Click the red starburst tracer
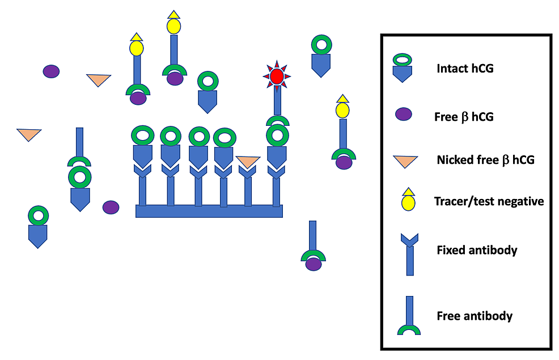coord(277,76)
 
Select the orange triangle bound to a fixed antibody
coord(248,162)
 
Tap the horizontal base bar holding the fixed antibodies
coord(209,211)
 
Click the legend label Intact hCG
coord(464,69)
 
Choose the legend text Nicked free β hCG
coord(485,160)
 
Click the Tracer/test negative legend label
coord(489,201)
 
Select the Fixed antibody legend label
coord(477,250)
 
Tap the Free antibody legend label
coord(475,316)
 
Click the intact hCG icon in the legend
coord(403,67)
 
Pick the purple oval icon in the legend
coord(404,113)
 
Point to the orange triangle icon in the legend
coord(403,161)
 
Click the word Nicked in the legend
coord(452,160)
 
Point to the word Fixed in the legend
coord(450,250)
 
